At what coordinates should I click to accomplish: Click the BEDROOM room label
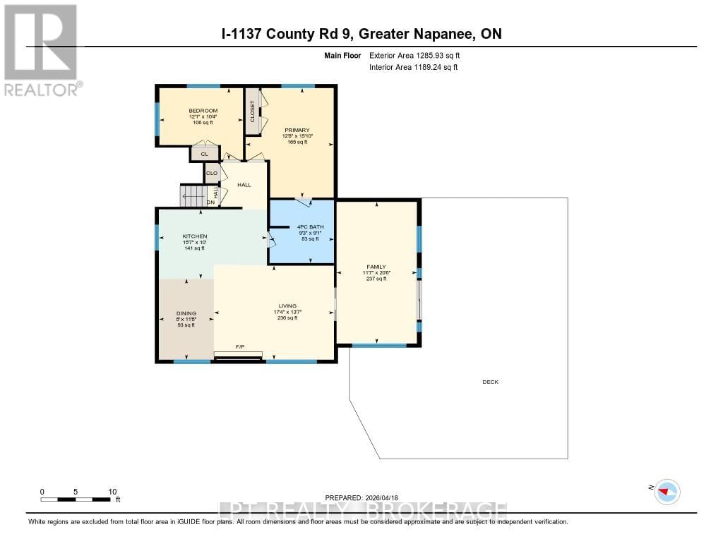(x=203, y=111)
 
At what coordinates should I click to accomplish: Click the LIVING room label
(x=286, y=306)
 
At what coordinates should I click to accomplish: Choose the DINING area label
(x=186, y=313)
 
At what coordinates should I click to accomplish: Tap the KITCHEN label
(x=194, y=236)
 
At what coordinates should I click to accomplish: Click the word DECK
(x=490, y=382)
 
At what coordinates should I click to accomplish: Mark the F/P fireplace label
(x=240, y=346)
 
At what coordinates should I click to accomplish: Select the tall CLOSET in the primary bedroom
(x=252, y=111)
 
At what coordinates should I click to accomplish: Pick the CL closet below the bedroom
(x=204, y=154)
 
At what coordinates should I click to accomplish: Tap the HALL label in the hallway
(x=244, y=185)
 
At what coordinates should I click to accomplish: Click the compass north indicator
(x=666, y=491)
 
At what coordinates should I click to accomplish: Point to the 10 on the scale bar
(x=112, y=491)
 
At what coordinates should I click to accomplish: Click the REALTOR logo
(x=41, y=49)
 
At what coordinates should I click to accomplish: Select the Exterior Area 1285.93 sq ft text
(x=414, y=55)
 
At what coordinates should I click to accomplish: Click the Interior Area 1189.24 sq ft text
(x=413, y=67)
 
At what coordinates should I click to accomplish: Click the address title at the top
(x=361, y=34)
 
